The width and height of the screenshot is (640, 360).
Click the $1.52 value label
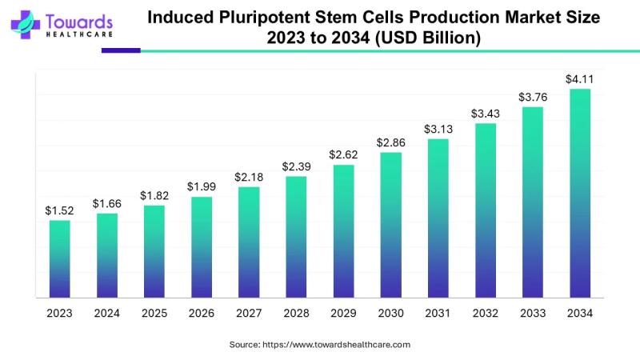click(x=60, y=210)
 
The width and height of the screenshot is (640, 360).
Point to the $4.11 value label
click(x=580, y=78)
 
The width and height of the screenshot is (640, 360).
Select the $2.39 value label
click(x=296, y=166)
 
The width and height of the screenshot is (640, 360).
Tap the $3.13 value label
click(x=438, y=130)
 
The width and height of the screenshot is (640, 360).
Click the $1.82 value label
click(x=154, y=195)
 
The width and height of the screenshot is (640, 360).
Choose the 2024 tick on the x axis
click(x=107, y=314)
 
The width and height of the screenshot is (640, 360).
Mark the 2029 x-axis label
click(x=343, y=314)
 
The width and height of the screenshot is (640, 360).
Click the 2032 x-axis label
click(x=485, y=314)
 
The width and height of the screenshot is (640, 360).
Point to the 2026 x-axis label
click(x=202, y=314)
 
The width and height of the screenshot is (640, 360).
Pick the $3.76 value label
click(x=533, y=97)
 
